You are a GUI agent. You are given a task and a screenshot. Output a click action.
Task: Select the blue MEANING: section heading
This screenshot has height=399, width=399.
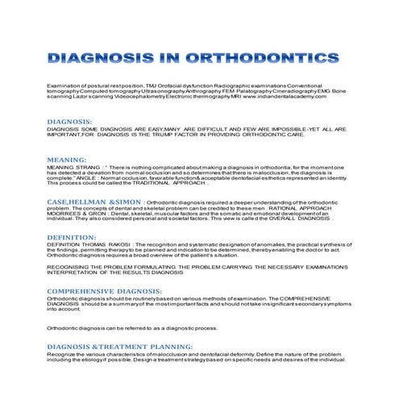[68, 160]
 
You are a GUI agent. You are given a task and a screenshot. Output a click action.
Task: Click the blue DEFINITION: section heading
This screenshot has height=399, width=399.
[73, 238]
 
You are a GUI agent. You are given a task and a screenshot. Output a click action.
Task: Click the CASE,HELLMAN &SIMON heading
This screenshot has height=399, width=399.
[89, 199]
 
